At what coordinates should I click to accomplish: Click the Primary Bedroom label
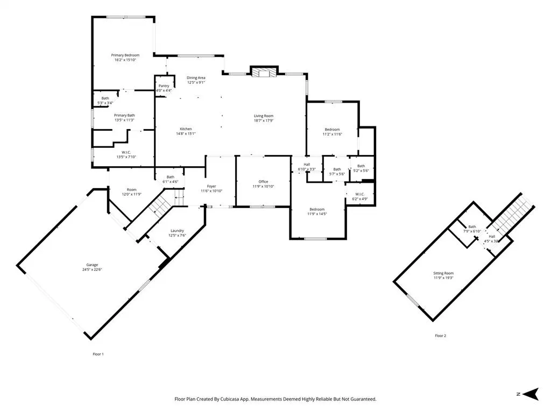pyautogui.click(x=125, y=55)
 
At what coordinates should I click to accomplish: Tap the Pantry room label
pyautogui.click(x=164, y=86)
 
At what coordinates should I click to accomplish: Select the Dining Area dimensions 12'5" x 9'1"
pyautogui.click(x=196, y=82)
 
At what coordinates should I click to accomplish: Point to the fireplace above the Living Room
pyautogui.click(x=264, y=72)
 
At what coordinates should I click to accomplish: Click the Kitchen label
pyautogui.click(x=186, y=129)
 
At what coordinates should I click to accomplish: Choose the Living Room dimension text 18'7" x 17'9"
pyautogui.click(x=264, y=120)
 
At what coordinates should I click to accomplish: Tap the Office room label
pyautogui.click(x=263, y=182)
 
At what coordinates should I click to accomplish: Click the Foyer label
pyautogui.click(x=211, y=186)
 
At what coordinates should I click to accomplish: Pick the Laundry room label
pyautogui.click(x=177, y=231)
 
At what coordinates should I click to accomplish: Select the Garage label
pyautogui.click(x=92, y=265)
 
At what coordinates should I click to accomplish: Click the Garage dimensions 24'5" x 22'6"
pyautogui.click(x=92, y=270)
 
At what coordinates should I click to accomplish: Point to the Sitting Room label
pyautogui.click(x=443, y=273)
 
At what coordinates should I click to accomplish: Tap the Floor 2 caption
pyautogui.click(x=440, y=336)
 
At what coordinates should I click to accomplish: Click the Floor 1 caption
pyautogui.click(x=98, y=354)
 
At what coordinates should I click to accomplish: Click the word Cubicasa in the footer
pyautogui.click(x=230, y=399)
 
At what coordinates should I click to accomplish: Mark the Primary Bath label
pyautogui.click(x=124, y=115)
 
